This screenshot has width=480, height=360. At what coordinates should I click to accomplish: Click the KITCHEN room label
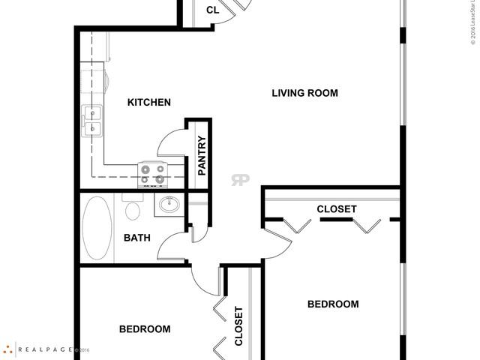(149, 102)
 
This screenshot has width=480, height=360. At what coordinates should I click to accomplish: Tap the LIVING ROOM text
(304, 93)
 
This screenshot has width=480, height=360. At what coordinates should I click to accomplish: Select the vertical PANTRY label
(202, 156)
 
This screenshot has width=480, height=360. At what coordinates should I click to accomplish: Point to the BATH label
(136, 238)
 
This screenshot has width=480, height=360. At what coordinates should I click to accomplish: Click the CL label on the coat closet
(212, 10)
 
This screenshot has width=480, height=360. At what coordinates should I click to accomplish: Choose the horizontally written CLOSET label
(336, 209)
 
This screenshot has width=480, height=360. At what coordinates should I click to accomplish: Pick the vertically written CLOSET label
(238, 325)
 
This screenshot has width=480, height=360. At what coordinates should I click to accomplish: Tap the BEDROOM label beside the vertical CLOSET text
(145, 328)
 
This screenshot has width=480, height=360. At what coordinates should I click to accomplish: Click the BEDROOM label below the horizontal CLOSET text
(333, 304)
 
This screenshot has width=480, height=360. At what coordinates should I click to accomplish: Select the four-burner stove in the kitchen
(152, 174)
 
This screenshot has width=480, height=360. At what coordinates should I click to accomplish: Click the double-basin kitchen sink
(91, 121)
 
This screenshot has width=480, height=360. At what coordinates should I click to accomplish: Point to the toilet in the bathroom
(133, 208)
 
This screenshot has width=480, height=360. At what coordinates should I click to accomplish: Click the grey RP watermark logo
(240, 179)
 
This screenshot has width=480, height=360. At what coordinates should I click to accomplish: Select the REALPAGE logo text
(46, 349)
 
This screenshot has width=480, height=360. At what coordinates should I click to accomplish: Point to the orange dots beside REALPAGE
(7, 349)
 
